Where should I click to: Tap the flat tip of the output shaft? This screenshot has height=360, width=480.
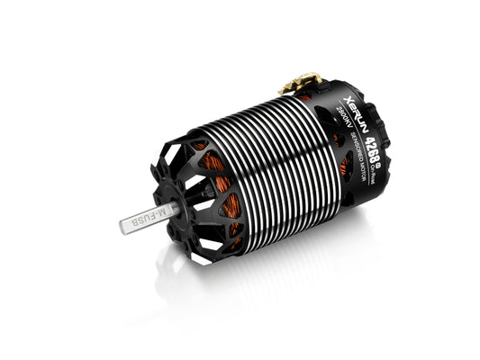pos(122,226)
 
